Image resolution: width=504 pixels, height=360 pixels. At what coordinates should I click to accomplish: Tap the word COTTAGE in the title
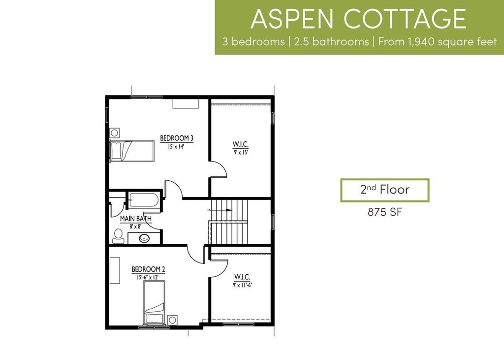405,19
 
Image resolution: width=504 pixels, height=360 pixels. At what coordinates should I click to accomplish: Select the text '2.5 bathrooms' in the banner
330,41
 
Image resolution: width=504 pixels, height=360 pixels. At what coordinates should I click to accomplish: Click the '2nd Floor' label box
384,190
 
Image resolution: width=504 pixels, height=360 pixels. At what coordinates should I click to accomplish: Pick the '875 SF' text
384,213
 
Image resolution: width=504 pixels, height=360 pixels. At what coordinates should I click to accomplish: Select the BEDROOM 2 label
148,269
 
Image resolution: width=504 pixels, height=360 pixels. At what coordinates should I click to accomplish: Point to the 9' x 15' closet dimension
240,152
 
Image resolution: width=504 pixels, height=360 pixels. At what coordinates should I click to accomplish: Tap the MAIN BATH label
135,219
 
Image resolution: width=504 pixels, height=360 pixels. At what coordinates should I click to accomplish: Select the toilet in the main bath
118,236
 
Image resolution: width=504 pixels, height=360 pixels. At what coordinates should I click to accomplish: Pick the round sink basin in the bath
144,239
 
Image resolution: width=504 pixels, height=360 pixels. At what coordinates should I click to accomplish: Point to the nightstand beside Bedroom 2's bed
172,320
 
